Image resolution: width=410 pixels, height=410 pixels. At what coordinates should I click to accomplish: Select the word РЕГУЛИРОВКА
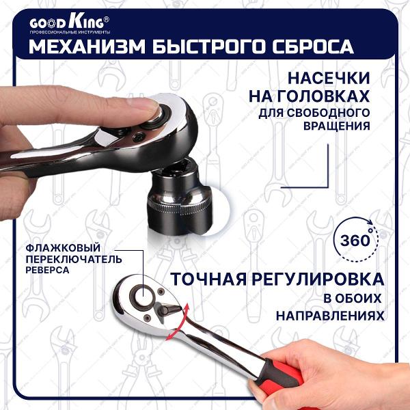click(x=320, y=279)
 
